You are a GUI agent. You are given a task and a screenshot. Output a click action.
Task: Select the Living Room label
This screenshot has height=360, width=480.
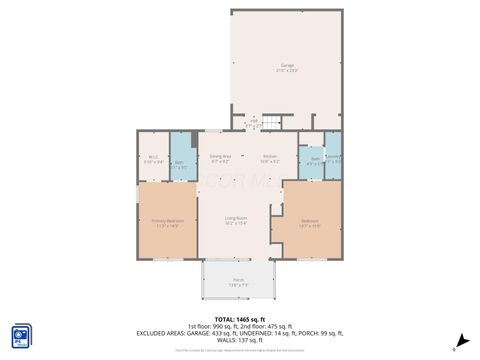(x=236, y=217)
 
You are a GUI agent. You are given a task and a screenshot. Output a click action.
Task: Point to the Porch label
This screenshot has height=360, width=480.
(x=238, y=279)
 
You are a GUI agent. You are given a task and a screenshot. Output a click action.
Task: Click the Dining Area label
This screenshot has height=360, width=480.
(x=220, y=156)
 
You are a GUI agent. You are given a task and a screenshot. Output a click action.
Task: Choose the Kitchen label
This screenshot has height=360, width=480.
(x=269, y=156)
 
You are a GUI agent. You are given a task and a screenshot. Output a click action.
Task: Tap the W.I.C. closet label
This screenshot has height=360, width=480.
(x=153, y=156)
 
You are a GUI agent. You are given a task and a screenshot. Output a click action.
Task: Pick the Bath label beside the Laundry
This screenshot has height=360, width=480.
(x=314, y=158)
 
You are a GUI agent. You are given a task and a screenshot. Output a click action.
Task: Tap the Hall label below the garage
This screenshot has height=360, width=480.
(x=254, y=122)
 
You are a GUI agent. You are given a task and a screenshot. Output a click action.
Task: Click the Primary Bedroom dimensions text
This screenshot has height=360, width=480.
(x=166, y=226)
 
